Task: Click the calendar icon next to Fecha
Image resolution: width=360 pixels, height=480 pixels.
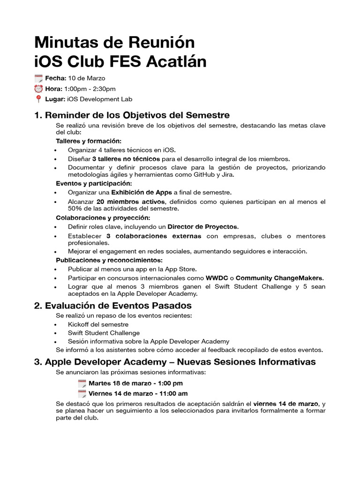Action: pyautogui.click(x=39, y=78)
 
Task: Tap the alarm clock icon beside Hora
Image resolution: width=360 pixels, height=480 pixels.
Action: pyautogui.click(x=39, y=89)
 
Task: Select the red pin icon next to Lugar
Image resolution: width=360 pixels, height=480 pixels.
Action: pyautogui.click(x=39, y=99)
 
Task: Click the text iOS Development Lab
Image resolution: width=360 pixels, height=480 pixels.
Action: pyautogui.click(x=100, y=99)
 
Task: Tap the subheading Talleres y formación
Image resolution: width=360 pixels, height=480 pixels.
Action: pyautogui.click(x=89, y=141)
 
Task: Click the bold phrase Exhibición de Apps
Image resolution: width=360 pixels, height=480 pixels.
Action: pyautogui.click(x=142, y=192)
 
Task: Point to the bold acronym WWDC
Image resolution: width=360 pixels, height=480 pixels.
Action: pyautogui.click(x=217, y=277)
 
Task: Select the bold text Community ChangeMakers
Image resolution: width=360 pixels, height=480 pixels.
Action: pyautogui.click(x=283, y=277)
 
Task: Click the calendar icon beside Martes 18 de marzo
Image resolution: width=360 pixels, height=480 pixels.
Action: pyautogui.click(x=82, y=383)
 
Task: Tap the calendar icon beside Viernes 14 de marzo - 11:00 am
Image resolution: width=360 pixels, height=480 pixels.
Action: pyautogui.click(x=82, y=393)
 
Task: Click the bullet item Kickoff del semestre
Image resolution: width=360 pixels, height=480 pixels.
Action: pyautogui.click(x=98, y=324)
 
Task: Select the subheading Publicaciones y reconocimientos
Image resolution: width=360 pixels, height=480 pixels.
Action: pyautogui.click(x=109, y=260)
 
